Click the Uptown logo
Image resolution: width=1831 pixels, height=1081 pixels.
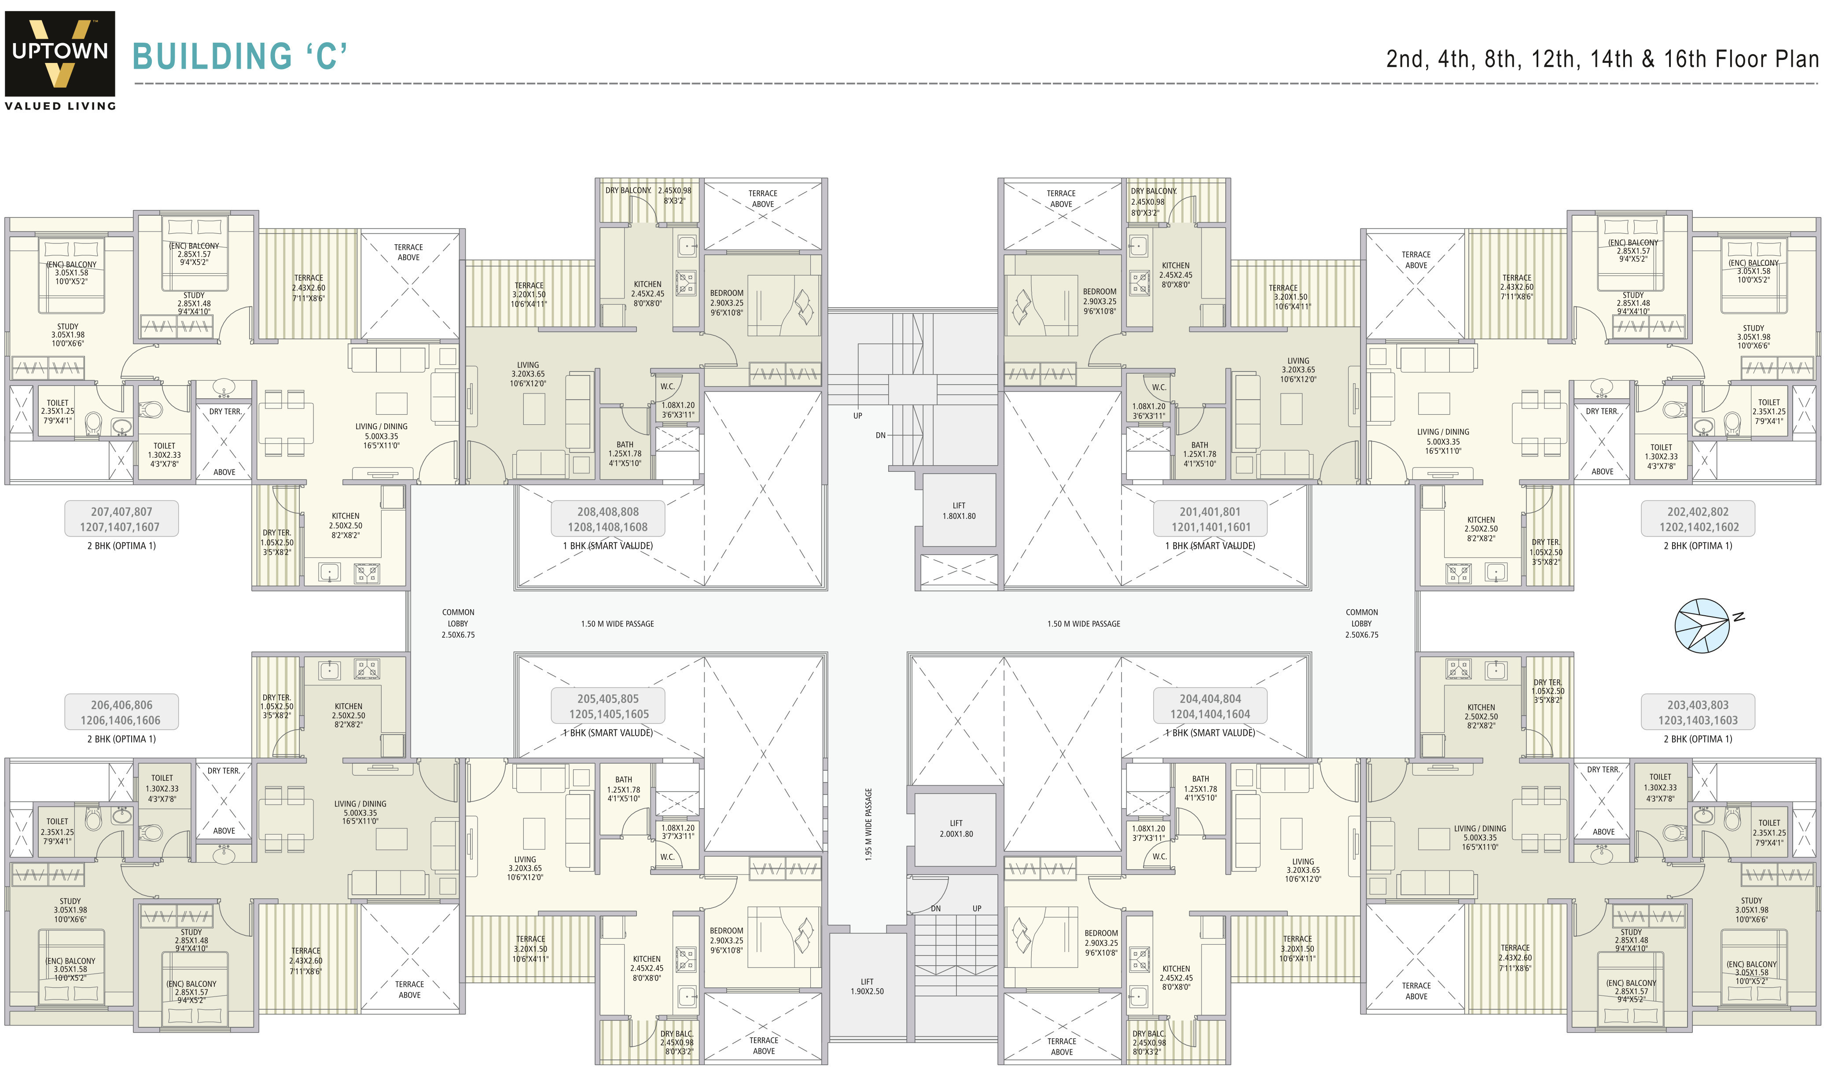coord(60,54)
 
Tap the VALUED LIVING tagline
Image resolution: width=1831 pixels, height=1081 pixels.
coord(60,106)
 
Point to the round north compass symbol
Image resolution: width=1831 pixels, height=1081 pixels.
coord(1701,625)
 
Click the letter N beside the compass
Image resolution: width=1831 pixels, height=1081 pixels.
coord(1739,617)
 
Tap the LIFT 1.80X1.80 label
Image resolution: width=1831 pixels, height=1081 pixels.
coord(959,511)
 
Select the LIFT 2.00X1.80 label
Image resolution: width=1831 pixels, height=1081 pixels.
coord(956,828)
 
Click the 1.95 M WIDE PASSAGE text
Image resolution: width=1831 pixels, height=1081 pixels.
coord(868,824)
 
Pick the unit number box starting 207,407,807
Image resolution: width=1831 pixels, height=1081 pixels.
coord(121,518)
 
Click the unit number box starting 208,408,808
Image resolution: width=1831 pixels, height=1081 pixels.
coord(607,518)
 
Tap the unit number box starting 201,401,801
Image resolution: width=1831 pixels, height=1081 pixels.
coord(1210,518)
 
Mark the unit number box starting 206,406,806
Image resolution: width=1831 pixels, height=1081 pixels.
coord(121,712)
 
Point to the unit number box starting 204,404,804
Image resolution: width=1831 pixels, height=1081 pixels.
coord(1210,706)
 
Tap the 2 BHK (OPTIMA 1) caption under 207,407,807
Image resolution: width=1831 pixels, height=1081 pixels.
coord(121,546)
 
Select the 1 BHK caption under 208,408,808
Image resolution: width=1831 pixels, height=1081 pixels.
coord(607,546)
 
